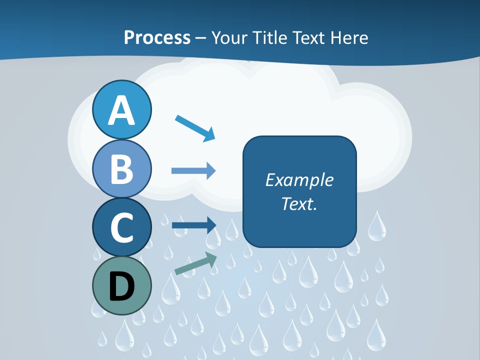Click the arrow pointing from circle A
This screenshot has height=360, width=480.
[195, 128]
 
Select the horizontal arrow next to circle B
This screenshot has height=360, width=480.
[193, 170]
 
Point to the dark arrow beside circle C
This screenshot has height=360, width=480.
[193, 225]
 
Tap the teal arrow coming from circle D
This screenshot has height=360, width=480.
[195, 264]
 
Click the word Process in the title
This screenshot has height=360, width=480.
[157, 37]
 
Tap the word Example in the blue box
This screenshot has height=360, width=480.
[299, 180]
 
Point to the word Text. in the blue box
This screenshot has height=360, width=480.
[299, 203]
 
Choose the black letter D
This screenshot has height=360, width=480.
[122, 286]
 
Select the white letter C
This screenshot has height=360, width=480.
[122, 227]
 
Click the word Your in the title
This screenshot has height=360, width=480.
[230, 37]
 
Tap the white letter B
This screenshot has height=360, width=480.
[122, 168]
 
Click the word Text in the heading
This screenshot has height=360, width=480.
[310, 37]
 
